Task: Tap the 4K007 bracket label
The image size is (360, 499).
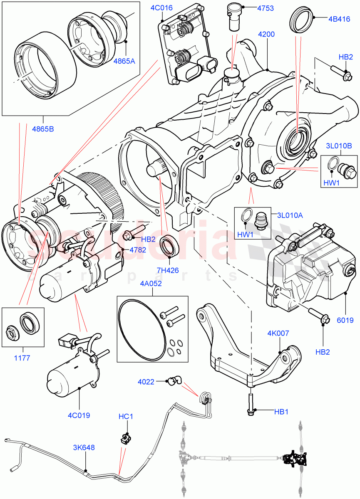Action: pyautogui.click(x=278, y=333)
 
